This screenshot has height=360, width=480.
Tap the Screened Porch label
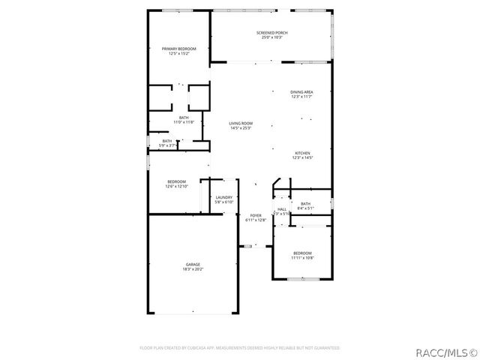pos(272,33)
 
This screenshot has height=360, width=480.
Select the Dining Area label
pos(302,91)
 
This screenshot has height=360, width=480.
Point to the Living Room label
pos(241,123)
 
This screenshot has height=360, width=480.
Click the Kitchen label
pos(302,152)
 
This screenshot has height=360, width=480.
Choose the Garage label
pos(193,264)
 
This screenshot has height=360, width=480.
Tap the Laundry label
pos(225,197)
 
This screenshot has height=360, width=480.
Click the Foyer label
pos(256,215)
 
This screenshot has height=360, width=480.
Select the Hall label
pos(282,209)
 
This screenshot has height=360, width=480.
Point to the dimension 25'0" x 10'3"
pos(272,37)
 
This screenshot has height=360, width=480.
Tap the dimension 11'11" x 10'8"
pos(302,257)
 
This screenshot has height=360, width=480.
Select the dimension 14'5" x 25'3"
pos(241,127)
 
